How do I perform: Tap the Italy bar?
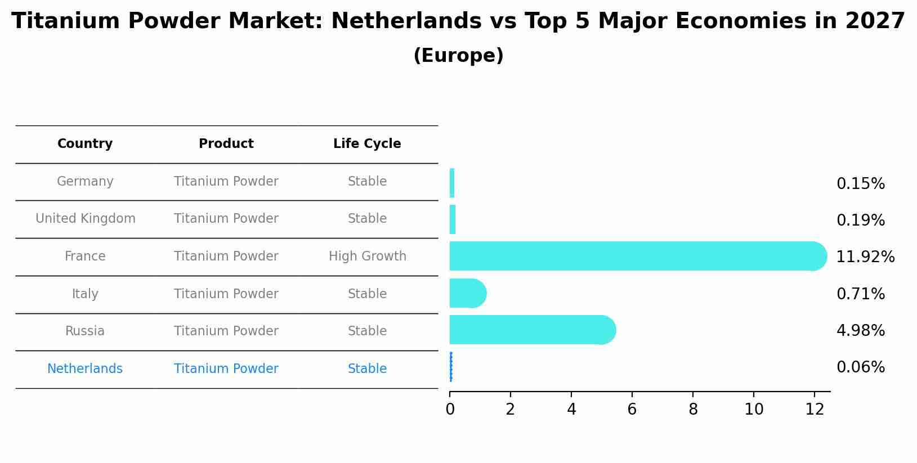click(x=467, y=293)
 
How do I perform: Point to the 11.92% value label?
click(x=865, y=257)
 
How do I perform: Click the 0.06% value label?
click(x=860, y=367)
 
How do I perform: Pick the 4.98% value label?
click(x=860, y=331)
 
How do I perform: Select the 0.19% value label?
click(x=860, y=221)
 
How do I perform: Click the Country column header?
click(x=85, y=144)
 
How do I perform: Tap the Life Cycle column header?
click(x=367, y=144)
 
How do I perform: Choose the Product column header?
click(x=226, y=144)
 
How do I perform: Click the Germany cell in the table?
click(x=85, y=182)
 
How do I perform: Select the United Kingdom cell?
click(x=85, y=219)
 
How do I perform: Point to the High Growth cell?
click(x=367, y=257)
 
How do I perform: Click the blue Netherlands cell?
click(x=85, y=369)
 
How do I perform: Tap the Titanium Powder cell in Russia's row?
click(x=226, y=331)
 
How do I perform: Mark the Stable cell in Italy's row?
click(x=367, y=294)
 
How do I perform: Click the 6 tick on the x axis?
click(x=632, y=410)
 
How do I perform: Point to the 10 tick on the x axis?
click(x=754, y=410)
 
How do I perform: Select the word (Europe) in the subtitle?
click(x=458, y=56)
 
